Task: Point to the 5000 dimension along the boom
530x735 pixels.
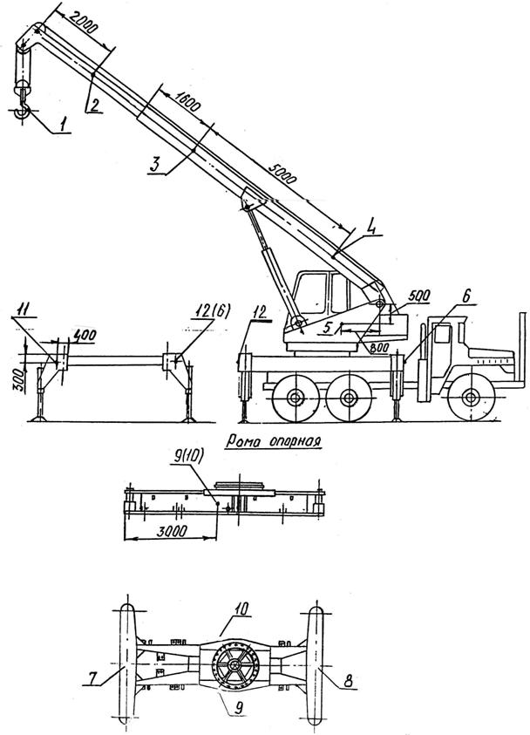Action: tap(282, 174)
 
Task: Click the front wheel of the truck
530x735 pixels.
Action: tap(471, 398)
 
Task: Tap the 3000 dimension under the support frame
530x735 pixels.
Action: tap(172, 530)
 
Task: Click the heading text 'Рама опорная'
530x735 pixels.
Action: tap(274, 441)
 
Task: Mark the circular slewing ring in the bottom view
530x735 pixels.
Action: tap(235, 664)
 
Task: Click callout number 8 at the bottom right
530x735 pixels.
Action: tap(348, 681)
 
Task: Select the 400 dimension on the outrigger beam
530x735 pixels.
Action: tap(85, 335)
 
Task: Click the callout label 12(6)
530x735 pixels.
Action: tap(213, 312)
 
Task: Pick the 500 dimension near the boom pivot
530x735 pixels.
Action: tap(419, 296)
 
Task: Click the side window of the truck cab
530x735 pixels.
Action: tap(442, 334)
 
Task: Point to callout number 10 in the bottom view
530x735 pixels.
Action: tap(241, 609)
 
